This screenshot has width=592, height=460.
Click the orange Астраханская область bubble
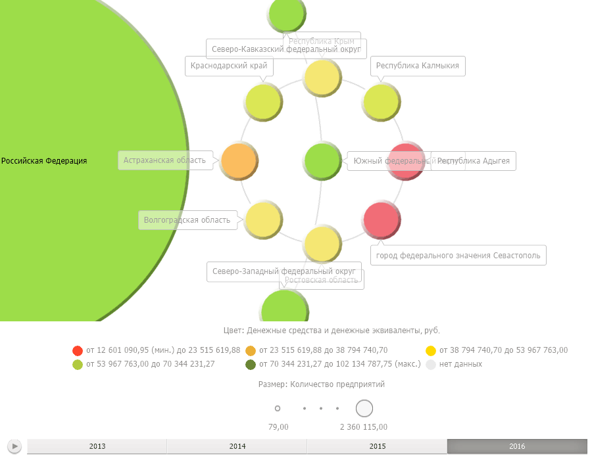coord(239,160)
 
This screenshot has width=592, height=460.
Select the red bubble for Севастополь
coord(382,220)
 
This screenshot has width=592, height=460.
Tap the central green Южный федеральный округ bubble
coord(322,160)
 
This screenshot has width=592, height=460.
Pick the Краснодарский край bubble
coord(263,103)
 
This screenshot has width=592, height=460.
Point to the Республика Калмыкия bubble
coord(382,102)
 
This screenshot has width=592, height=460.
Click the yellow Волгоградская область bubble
coord(263,219)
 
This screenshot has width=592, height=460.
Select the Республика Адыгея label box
coord(474,161)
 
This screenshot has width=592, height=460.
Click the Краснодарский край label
coord(229,66)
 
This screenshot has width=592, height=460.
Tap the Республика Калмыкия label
coord(418,66)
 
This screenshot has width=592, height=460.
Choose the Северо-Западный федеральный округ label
coord(284,271)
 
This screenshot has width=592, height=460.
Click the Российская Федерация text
coord(44,161)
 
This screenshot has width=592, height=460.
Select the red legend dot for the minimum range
coord(78,350)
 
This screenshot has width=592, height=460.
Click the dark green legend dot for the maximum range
coord(251,364)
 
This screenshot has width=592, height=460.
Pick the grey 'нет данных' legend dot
coord(431,364)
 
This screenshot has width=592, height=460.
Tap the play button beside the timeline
coord(15,447)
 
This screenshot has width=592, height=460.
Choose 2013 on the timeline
coord(97,447)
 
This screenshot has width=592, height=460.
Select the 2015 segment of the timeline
coord(378,447)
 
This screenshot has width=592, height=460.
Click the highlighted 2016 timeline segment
coord(517,447)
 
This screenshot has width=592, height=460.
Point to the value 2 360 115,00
coord(364,427)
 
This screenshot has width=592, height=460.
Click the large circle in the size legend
coord(364,409)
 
